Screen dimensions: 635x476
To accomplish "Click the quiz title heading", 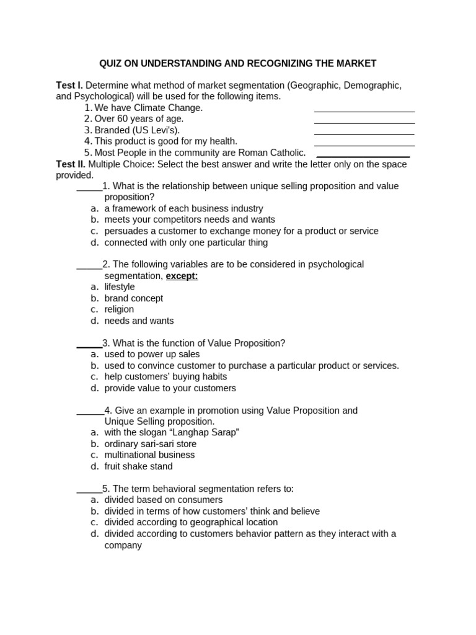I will [238, 63].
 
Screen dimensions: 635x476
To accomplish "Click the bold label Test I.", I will [69, 85].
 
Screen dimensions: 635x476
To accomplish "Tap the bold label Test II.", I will [70, 164].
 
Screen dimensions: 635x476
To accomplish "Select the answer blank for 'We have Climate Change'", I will [364, 111].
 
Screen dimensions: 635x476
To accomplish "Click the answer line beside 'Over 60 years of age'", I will [364, 122].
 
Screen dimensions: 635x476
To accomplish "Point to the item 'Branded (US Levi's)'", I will [137, 130].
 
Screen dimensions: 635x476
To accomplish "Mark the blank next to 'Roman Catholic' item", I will [363, 156].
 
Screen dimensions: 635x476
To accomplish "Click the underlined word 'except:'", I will [182, 276].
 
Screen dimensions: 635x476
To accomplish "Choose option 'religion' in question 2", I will [119, 309].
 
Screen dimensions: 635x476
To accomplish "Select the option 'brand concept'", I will [134, 298].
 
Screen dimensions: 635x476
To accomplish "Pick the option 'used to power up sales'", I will [152, 354].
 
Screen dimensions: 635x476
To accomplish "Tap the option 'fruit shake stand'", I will [138, 466].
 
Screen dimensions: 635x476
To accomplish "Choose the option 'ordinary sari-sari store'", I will [150, 444].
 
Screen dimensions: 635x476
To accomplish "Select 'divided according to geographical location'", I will [191, 522].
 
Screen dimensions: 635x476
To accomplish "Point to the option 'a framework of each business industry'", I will [183, 208].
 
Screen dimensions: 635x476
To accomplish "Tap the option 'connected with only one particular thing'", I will [186, 242].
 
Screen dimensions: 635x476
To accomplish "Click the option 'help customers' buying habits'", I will [165, 376].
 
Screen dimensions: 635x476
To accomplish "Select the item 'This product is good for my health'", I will [165, 141].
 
